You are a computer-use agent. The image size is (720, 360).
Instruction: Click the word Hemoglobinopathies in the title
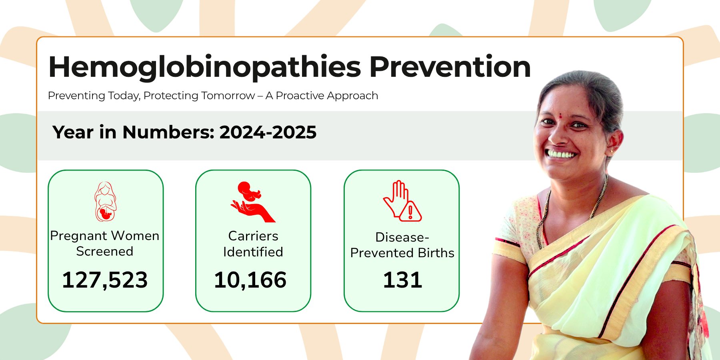pos(205,67)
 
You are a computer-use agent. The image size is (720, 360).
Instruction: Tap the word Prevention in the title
pos(450,66)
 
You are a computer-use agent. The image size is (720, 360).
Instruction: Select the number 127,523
pos(105,280)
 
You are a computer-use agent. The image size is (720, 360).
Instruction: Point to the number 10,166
pos(250,280)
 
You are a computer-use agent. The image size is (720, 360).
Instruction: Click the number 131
pos(402,280)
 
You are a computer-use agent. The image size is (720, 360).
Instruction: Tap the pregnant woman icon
pos(106,202)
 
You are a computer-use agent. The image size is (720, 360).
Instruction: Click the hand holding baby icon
pos(253,202)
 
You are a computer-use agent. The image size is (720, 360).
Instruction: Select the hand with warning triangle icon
pos(402,201)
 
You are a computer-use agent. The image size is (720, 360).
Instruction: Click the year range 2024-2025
pos(268,132)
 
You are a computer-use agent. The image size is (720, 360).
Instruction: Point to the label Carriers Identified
pos(253,244)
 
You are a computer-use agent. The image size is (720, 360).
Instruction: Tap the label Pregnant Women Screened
pos(105,244)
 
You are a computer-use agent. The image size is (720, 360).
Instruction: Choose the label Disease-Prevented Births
pos(402,245)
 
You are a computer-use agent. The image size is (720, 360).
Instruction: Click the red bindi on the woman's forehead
pos(560,116)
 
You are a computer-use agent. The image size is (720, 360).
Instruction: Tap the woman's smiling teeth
pos(562,154)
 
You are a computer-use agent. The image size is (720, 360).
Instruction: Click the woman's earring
pos(612,152)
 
